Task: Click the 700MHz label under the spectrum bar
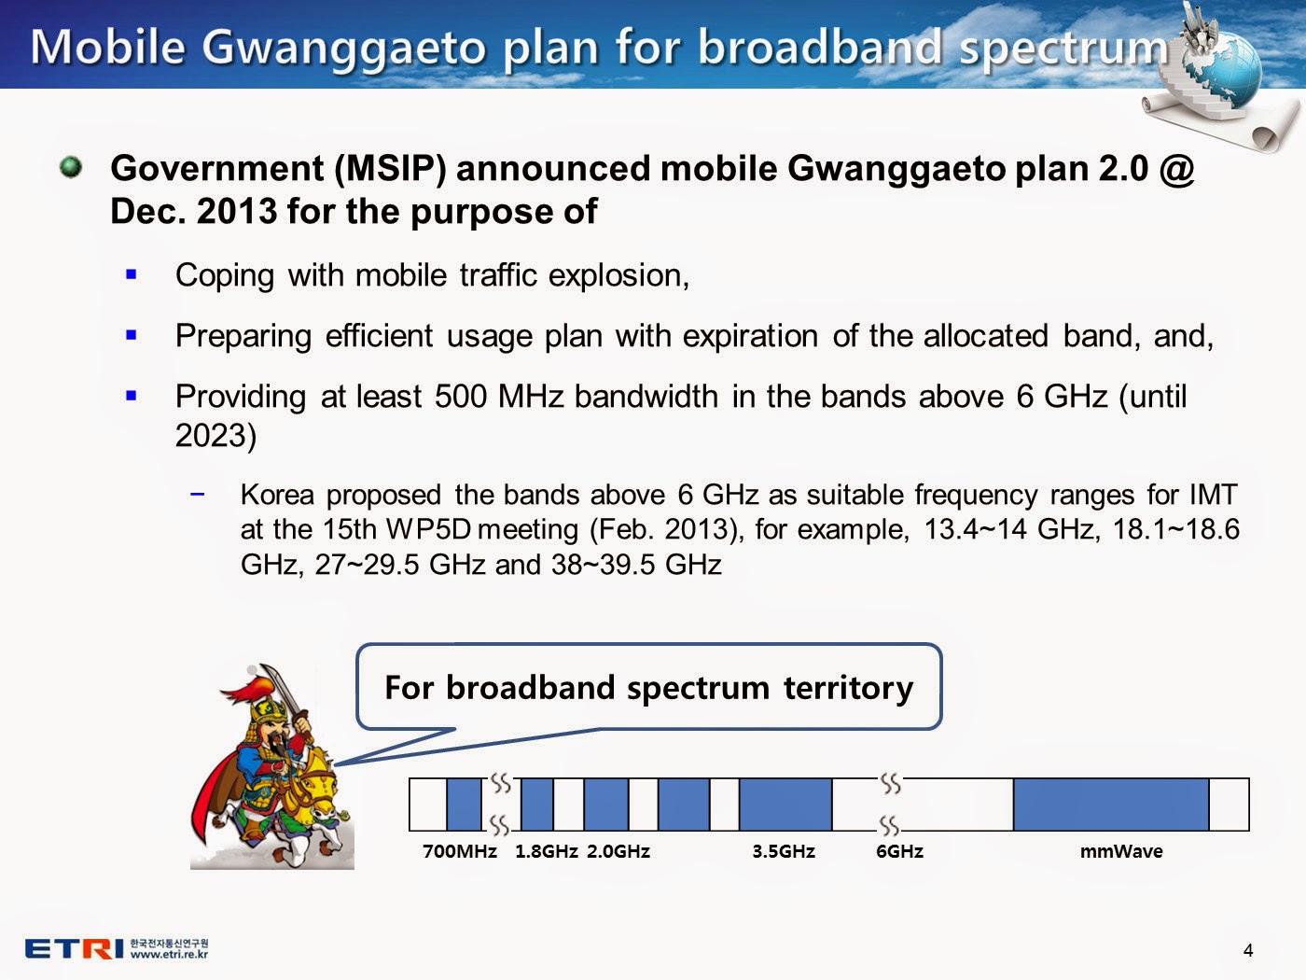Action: [459, 851]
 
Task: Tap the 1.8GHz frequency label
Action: [547, 851]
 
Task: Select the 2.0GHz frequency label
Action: [618, 851]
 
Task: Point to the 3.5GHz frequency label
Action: [784, 851]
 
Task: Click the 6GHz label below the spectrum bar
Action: [899, 851]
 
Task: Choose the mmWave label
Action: [1121, 851]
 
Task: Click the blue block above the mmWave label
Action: [1111, 804]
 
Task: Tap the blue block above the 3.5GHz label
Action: [785, 804]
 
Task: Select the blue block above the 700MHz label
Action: [464, 804]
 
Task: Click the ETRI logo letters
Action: [75, 948]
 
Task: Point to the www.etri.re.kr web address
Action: [169, 955]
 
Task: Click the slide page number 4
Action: [1248, 950]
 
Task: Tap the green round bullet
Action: [72, 167]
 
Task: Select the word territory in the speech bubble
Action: [849, 688]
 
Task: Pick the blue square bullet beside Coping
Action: [132, 274]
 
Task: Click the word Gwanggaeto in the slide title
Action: [344, 48]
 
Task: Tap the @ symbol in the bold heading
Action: [1176, 168]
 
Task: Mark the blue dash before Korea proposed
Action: [197, 494]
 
